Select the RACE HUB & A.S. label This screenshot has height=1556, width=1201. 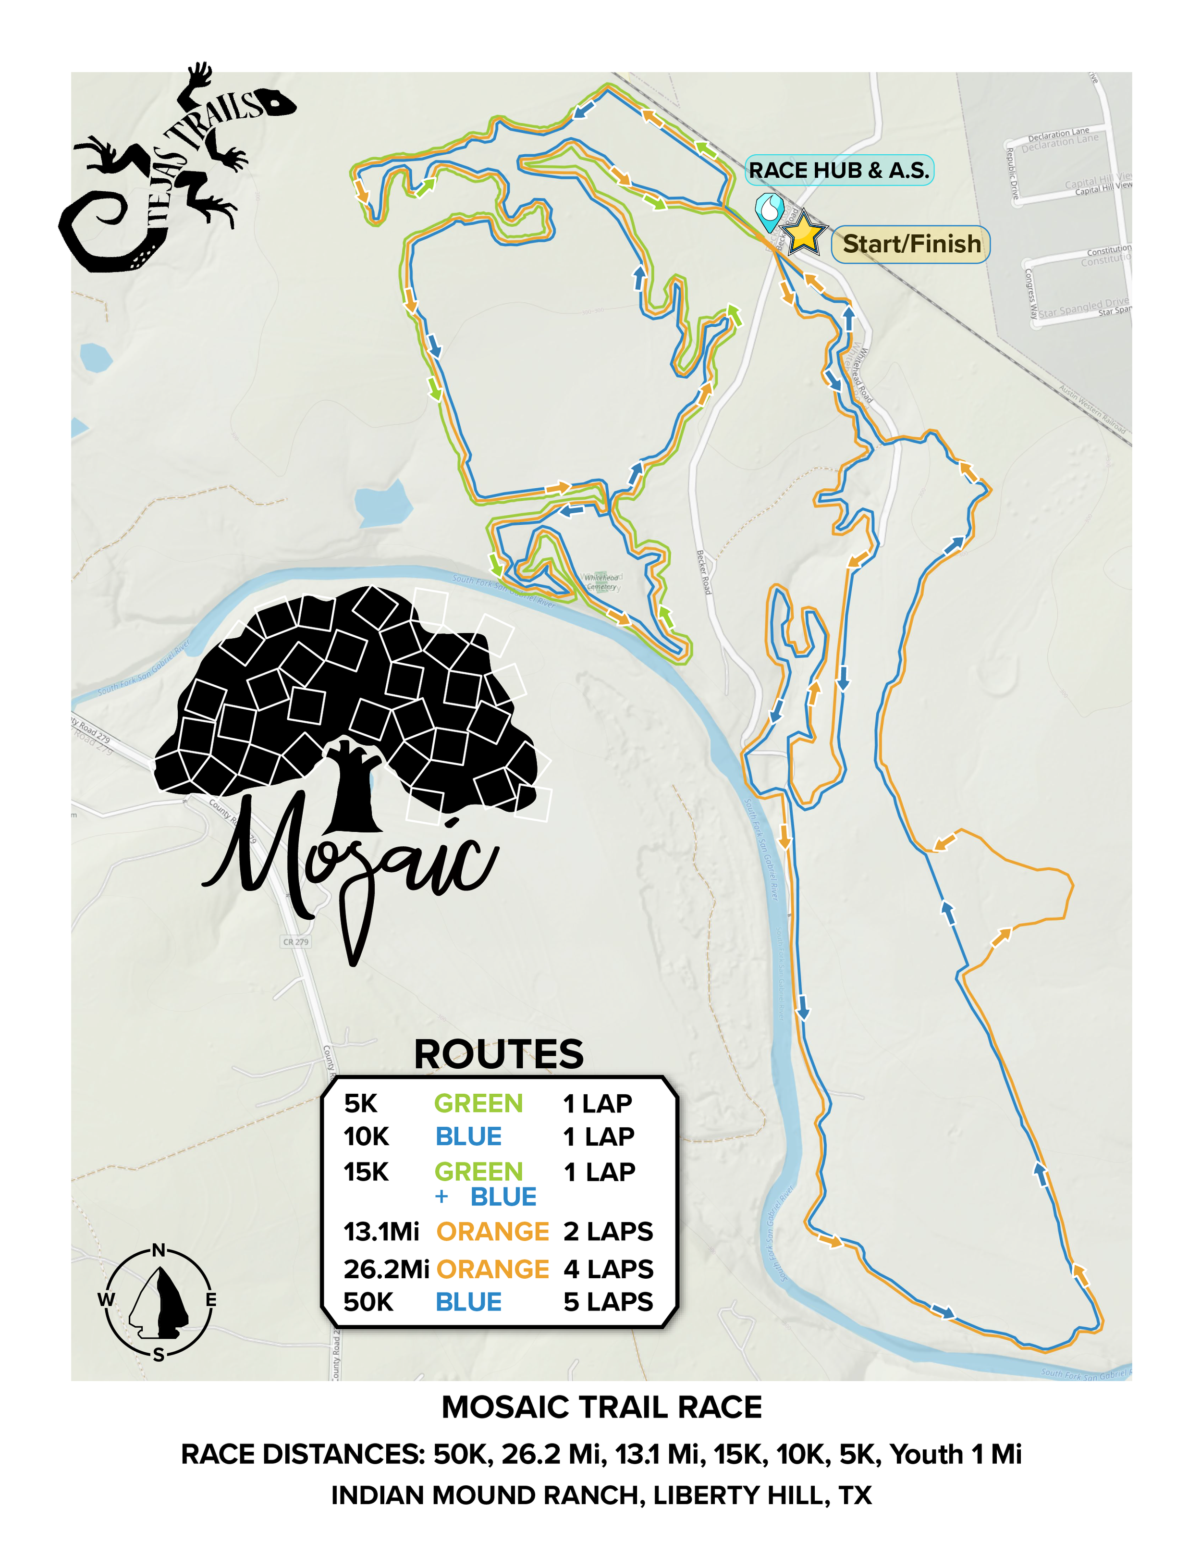(839, 170)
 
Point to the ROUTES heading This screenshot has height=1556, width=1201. (499, 1054)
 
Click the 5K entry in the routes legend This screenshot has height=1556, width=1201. (360, 1104)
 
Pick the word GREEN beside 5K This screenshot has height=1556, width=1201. (478, 1104)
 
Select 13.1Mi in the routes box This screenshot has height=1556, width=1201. (381, 1231)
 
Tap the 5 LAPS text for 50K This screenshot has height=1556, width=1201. (608, 1302)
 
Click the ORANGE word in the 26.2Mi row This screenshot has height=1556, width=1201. (492, 1269)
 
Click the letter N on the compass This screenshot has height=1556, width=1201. (159, 1250)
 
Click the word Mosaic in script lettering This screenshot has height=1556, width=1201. (349, 862)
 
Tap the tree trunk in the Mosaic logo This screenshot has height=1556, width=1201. (353, 791)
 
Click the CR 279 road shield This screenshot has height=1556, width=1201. (295, 942)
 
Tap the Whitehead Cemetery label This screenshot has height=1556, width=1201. (602, 582)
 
